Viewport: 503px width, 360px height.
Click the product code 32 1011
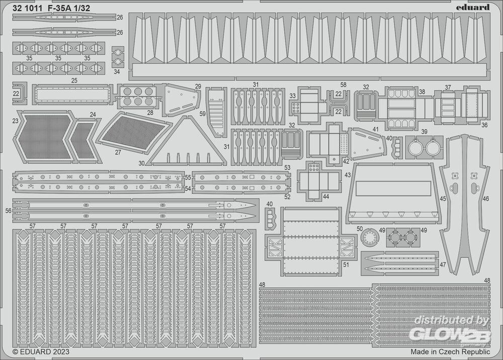click(x=27, y=8)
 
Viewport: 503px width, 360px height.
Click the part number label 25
click(x=74, y=81)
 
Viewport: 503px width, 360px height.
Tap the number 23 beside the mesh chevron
click(x=15, y=121)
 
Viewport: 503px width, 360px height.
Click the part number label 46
click(x=486, y=199)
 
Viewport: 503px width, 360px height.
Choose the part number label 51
click(x=346, y=264)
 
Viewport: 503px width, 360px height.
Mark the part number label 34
click(x=117, y=72)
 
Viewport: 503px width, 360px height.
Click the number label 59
click(x=202, y=114)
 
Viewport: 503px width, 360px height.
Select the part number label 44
click(x=326, y=197)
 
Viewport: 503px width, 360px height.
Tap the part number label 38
click(x=422, y=93)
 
